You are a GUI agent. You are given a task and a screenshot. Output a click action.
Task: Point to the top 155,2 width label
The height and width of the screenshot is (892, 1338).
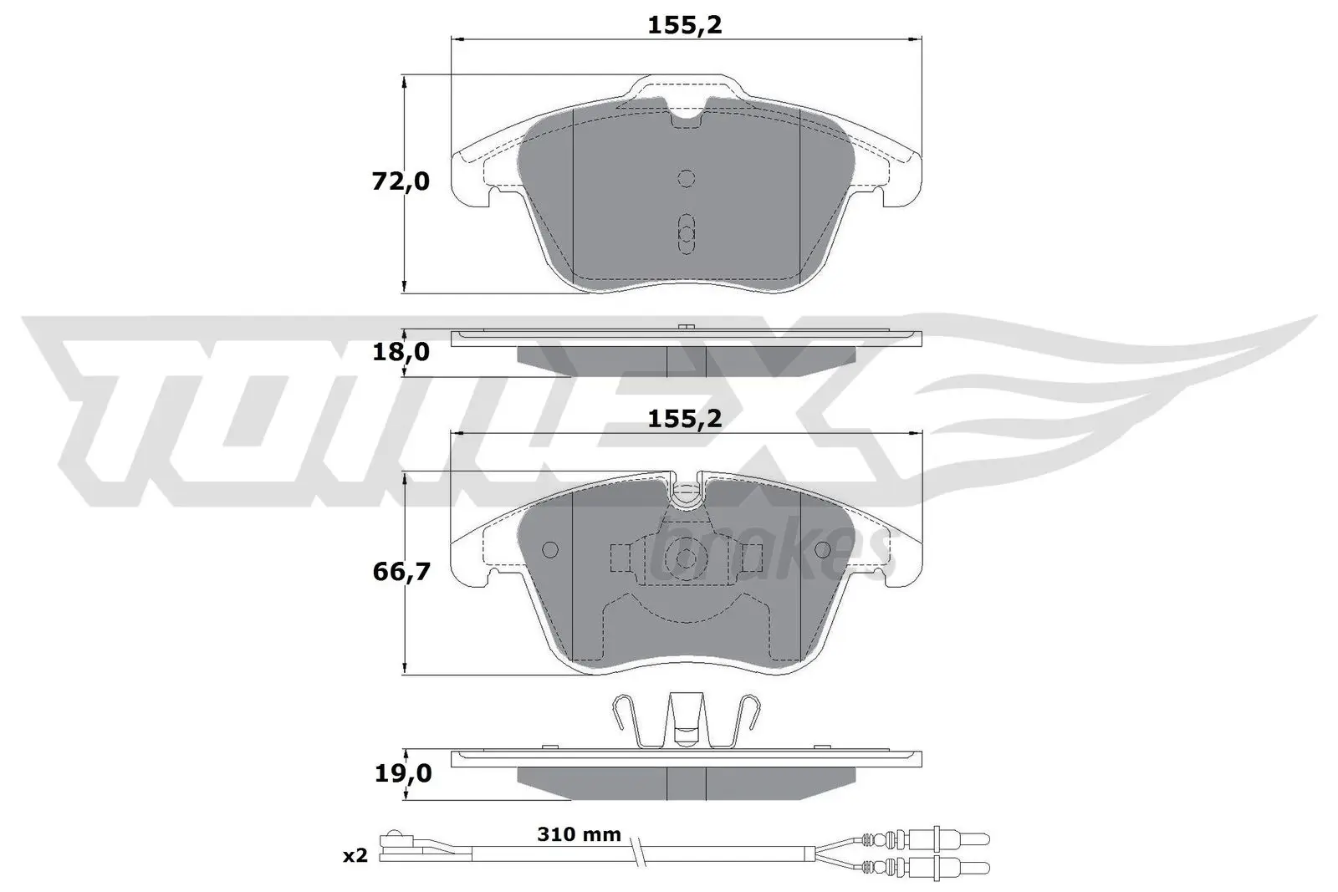coord(684,26)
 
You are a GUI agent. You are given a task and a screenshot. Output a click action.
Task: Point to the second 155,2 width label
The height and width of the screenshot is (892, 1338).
coord(684,419)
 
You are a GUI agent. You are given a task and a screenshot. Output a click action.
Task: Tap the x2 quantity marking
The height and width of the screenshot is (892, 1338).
coord(355,855)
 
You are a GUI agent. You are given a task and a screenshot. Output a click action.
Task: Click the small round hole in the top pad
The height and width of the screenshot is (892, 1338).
coord(686,178)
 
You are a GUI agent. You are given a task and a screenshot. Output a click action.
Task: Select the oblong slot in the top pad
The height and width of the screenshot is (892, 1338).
coord(686,233)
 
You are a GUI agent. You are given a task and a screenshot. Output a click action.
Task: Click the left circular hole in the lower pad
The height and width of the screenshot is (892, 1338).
coord(549,549)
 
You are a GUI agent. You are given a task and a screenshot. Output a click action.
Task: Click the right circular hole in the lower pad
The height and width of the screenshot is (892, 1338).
coord(822,549)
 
